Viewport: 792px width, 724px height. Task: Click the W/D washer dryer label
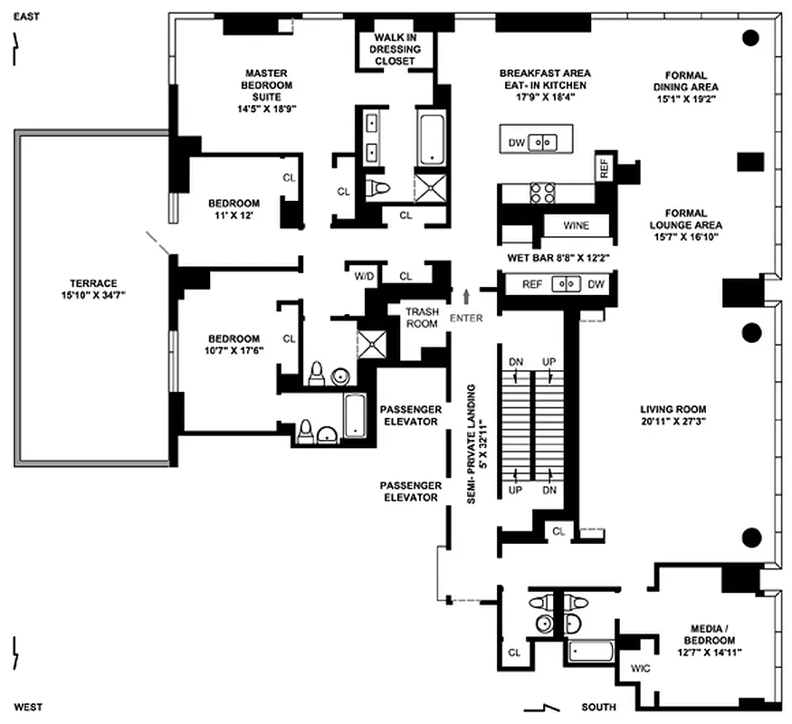click(x=364, y=276)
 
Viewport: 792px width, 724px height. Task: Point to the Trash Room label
click(x=422, y=318)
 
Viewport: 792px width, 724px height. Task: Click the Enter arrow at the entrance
click(x=466, y=296)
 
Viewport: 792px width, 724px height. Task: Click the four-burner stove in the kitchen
click(x=542, y=193)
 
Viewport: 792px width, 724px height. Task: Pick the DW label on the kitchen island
click(x=516, y=142)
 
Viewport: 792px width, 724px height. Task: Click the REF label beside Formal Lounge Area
click(x=604, y=167)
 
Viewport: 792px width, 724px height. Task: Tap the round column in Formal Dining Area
click(x=749, y=38)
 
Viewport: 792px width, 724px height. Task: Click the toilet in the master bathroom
click(x=377, y=188)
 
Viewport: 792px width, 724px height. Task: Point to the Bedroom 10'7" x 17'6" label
click(x=234, y=345)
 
